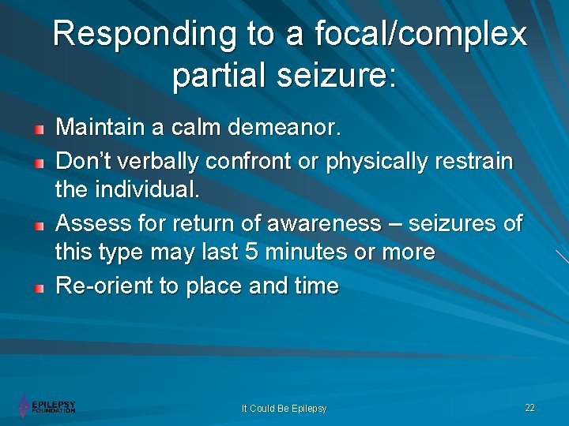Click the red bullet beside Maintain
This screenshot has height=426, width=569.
[39, 127]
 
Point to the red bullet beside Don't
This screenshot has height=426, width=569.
[39, 162]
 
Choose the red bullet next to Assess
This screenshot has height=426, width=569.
[39, 225]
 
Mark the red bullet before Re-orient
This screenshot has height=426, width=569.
[39, 287]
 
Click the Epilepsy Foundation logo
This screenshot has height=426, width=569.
[47, 406]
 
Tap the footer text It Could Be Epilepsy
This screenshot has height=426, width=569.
[284, 409]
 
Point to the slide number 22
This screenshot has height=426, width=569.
[529, 407]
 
